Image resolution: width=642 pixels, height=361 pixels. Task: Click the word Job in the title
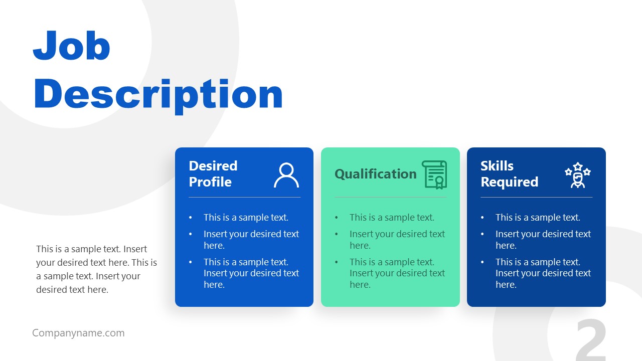(71, 46)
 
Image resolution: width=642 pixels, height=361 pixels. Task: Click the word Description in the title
(158, 94)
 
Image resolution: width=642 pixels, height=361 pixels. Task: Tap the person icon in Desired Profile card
(286, 175)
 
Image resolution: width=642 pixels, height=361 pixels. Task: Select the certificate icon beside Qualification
(434, 174)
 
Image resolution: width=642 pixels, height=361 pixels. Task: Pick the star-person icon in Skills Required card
(578, 175)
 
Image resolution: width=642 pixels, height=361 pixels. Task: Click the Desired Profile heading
(213, 173)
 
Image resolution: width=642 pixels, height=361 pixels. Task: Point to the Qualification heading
(375, 174)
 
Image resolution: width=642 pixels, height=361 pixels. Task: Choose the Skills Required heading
(509, 173)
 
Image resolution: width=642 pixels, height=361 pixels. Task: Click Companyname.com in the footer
(78, 333)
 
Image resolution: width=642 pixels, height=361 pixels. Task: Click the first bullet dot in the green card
(337, 218)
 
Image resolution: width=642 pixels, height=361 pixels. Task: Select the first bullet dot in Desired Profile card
(191, 218)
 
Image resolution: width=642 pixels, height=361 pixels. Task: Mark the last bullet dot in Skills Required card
(483, 262)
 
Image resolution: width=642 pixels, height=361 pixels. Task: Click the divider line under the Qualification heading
(390, 197)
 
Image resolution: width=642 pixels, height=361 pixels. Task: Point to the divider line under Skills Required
(536, 197)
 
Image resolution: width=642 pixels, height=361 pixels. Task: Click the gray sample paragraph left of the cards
(96, 269)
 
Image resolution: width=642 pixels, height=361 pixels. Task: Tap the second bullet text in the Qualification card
(397, 240)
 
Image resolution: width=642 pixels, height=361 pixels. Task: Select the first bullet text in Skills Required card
(538, 218)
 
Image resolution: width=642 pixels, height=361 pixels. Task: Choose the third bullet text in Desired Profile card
(251, 273)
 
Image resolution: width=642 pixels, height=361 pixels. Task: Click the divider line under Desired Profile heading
(244, 197)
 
